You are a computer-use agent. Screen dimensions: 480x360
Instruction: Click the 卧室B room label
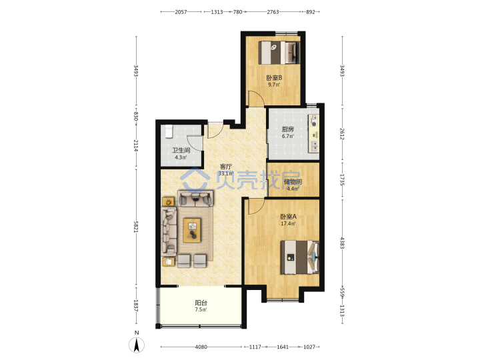274,78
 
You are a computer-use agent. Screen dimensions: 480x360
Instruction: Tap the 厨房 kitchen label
288,129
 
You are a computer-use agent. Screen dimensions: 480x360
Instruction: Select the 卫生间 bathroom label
181,150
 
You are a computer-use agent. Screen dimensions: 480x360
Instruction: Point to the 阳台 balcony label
201,303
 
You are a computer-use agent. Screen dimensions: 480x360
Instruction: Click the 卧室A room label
289,217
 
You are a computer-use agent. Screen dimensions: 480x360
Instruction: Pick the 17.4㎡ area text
289,223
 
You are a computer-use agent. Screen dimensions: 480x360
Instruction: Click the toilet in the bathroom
169,131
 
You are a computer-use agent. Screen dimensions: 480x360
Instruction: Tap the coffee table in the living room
192,230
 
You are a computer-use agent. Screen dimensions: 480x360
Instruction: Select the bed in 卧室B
279,53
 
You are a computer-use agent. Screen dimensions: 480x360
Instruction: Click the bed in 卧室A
300,257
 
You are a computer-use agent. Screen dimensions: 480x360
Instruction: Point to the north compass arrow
137,345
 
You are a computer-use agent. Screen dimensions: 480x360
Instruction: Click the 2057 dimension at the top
181,12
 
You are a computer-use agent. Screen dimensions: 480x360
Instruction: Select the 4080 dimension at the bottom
201,347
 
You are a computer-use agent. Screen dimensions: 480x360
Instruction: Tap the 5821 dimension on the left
136,227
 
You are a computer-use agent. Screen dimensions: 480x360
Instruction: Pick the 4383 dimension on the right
342,243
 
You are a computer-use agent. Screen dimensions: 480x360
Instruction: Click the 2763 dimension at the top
273,12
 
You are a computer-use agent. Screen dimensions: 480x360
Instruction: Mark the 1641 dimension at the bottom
283,347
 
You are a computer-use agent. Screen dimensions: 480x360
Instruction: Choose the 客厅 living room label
226,167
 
